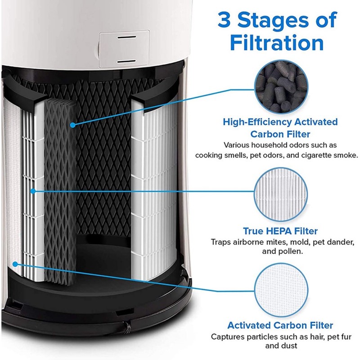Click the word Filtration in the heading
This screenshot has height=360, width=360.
[276, 44]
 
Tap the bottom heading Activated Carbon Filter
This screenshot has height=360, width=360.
[280, 325]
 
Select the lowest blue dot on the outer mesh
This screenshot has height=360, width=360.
[15, 264]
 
